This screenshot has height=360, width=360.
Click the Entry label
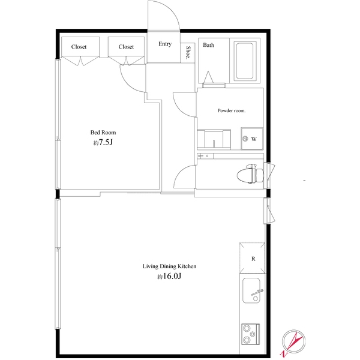click(x=165, y=44)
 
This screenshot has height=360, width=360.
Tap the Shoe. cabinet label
click(x=188, y=53)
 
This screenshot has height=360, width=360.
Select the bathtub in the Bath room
click(x=245, y=61)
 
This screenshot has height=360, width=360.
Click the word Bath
click(x=208, y=45)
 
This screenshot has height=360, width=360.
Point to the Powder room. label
click(x=232, y=110)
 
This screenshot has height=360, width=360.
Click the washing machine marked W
click(x=252, y=139)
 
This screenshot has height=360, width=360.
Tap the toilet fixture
click(x=250, y=173)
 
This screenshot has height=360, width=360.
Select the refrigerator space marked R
click(x=253, y=258)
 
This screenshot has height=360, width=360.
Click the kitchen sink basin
click(x=251, y=290)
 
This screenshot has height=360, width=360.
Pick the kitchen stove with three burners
click(x=250, y=334)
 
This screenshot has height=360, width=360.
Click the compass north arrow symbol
click(x=293, y=342)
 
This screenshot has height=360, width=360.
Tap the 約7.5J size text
click(x=103, y=143)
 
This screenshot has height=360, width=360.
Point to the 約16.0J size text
click(x=169, y=276)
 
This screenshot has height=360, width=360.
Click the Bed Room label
click(x=103, y=133)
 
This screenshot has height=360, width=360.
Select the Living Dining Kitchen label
click(x=169, y=266)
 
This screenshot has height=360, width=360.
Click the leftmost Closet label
click(x=79, y=47)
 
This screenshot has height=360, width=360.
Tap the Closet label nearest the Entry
click(x=126, y=47)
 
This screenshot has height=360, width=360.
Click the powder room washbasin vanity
click(x=214, y=139)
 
